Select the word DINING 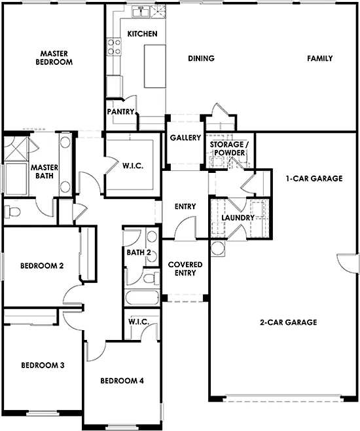[x=201, y=58]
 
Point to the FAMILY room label [x=320, y=58]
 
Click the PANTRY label [x=120, y=112]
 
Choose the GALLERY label [x=185, y=138]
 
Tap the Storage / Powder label [x=227, y=148]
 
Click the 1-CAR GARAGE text [x=314, y=178]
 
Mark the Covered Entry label [x=185, y=269]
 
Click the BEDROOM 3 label [x=42, y=365]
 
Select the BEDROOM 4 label [x=122, y=381]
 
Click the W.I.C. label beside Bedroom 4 [x=139, y=322]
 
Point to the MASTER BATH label [x=45, y=172]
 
